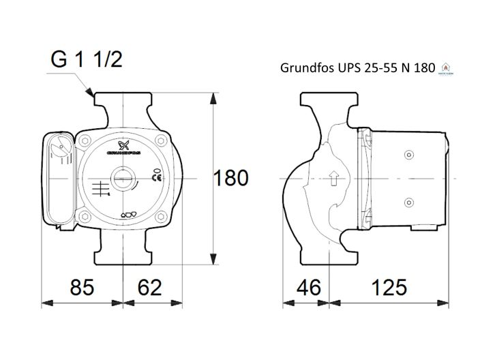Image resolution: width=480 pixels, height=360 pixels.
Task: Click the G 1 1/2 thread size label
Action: tap(86, 60)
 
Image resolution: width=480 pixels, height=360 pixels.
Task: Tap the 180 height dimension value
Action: tap(231, 179)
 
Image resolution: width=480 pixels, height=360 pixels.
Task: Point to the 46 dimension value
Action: tap(308, 287)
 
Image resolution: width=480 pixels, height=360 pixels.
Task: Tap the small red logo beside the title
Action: tap(447, 67)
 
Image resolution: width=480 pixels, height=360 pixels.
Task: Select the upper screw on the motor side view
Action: tap(409, 155)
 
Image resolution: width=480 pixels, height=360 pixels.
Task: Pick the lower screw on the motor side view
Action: tap(409, 202)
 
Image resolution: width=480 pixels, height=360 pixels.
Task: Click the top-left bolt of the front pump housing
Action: tap(87, 140)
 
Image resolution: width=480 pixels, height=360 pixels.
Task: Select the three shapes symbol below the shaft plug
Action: tap(127, 215)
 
